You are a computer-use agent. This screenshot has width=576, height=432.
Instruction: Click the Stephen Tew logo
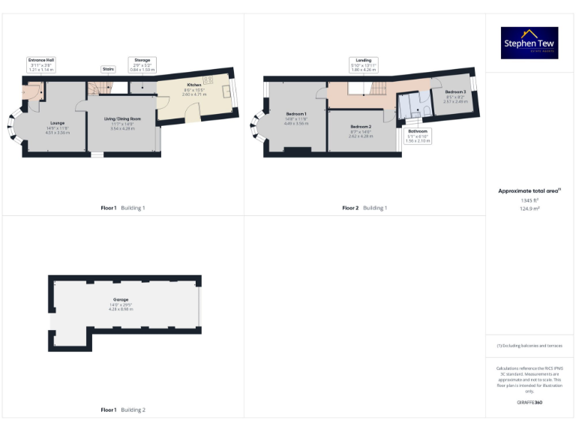point(529,43)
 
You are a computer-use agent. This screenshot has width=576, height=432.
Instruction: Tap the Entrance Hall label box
point(42,64)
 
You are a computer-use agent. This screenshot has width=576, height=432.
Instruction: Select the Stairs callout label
point(108,68)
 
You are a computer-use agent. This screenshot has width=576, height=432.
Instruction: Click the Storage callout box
point(142,64)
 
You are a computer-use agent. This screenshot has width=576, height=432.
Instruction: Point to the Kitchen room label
point(194,85)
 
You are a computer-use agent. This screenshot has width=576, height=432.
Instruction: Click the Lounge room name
point(58,122)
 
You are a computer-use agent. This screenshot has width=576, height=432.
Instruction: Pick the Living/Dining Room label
point(121,118)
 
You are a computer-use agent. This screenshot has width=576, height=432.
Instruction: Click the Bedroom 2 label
point(361,127)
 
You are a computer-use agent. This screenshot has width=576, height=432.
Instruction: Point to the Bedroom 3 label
point(455,91)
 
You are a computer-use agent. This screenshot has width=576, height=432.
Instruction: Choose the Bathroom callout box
point(418,135)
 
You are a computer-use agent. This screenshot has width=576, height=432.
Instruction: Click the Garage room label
point(121,300)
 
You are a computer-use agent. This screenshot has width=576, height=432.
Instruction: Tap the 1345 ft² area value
point(529,200)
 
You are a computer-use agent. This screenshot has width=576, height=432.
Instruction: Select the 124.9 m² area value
point(529,208)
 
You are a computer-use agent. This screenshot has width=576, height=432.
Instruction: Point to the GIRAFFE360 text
point(529,403)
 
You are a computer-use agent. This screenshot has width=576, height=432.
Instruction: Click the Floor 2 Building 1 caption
point(364,208)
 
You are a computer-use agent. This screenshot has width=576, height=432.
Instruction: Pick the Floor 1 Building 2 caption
point(122,410)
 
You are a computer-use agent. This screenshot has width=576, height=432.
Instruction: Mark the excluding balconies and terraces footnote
point(529,346)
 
